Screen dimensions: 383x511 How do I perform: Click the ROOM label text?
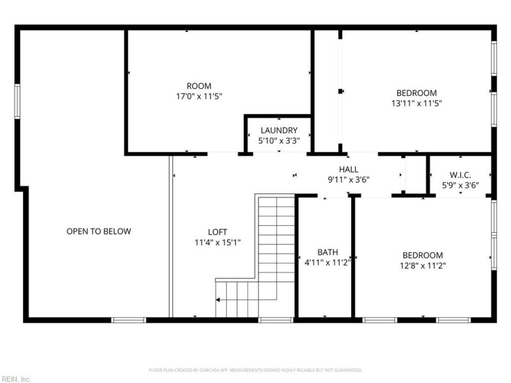coord(199,86)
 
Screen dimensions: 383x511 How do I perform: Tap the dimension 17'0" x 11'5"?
coord(199,96)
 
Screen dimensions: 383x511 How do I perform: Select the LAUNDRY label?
coord(278,130)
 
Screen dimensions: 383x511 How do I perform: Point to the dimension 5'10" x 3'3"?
coord(278,140)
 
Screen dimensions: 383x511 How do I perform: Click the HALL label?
coord(349,169)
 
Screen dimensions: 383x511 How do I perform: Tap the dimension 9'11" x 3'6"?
coord(349,179)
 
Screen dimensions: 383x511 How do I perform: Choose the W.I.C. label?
coord(460,175)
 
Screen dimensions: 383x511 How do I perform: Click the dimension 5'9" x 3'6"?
coord(460,185)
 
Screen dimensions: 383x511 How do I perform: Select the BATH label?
coord(328,252)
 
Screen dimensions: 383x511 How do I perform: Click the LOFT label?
coord(217,232)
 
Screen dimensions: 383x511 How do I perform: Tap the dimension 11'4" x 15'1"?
coord(217,242)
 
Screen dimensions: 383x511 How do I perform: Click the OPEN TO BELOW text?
coord(98,231)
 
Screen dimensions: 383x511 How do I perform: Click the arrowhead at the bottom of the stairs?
coord(218,299)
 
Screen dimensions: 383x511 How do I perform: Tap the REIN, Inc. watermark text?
coord(16,379)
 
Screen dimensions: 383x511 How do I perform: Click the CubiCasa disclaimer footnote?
coord(256,370)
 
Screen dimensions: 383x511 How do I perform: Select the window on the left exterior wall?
coord(18,101)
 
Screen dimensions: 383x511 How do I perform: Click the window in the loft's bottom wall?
coord(276,319)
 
